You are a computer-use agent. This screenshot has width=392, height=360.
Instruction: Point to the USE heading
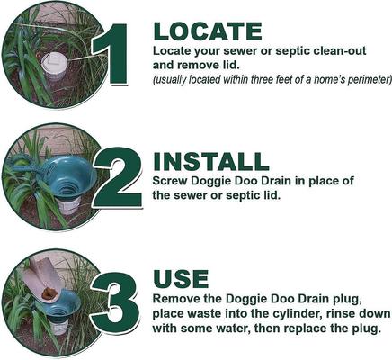click(x=181, y=278)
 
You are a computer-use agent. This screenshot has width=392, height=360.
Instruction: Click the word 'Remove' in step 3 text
click(x=177, y=298)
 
